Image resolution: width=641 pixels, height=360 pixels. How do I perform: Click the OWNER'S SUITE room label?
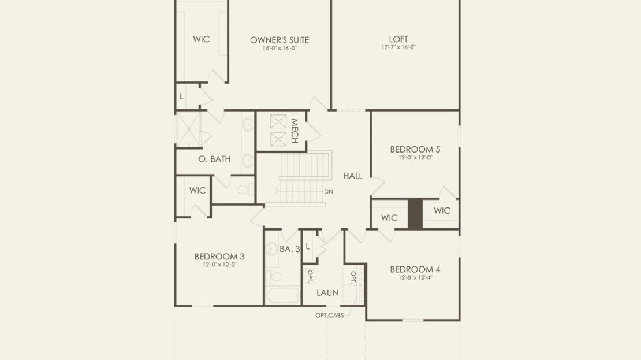[279, 40]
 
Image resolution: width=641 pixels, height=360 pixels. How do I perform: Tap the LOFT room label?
[398, 39]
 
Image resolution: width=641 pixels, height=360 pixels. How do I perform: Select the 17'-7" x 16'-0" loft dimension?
[398, 47]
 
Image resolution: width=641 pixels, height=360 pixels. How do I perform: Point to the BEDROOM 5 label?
[415, 149]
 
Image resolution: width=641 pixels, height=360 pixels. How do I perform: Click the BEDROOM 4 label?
[415, 270]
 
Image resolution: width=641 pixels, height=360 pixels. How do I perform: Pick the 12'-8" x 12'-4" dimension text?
[415, 277]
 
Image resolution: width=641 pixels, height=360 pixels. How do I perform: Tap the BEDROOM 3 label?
[219, 257]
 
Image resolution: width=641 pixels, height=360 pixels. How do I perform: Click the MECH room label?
[294, 131]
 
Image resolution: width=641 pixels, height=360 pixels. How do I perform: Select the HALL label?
[353, 176]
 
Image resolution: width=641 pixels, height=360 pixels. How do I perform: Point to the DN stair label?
[329, 191]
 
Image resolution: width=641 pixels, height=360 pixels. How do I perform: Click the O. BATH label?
[214, 159]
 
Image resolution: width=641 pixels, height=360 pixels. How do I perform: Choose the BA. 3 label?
[290, 248]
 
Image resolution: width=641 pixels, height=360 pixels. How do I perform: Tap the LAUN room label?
[327, 293]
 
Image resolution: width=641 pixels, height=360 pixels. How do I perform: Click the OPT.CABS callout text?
[330, 316]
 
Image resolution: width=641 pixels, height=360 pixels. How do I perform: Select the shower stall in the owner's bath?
[188, 129]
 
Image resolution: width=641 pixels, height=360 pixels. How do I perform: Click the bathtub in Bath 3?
[283, 295]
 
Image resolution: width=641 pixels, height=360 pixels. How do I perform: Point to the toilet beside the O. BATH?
[246, 190]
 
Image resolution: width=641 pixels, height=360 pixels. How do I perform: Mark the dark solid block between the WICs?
[415, 214]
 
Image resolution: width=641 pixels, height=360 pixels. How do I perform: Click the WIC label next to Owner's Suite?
[201, 39]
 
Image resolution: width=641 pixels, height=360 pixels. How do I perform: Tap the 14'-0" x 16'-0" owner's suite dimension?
[279, 49]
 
